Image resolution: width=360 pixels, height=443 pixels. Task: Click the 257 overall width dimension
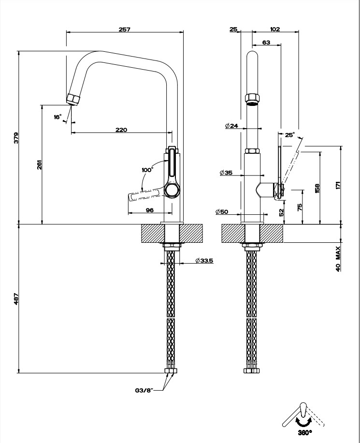pyautogui.click(x=124, y=29)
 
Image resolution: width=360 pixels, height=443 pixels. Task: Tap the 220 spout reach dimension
pyautogui.click(x=121, y=130)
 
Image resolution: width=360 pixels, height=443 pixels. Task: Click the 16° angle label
pyautogui.click(x=58, y=117)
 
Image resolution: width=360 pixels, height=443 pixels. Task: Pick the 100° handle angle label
pyautogui.click(x=147, y=170)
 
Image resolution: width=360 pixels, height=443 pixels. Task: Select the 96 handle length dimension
pyautogui.click(x=149, y=210)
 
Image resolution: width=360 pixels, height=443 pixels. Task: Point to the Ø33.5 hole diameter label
pyautogui.click(x=204, y=261)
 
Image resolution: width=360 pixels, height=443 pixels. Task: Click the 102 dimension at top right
pyautogui.click(x=274, y=29)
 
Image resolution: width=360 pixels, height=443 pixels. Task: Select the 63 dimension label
pyautogui.click(x=266, y=42)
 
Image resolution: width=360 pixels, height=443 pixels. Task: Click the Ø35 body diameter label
pyautogui.click(x=226, y=173)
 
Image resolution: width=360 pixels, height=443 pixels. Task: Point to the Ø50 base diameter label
pyautogui.click(x=223, y=211)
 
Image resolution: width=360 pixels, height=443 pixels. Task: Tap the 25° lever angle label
pyautogui.click(x=289, y=135)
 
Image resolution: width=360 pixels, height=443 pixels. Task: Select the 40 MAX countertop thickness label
pyautogui.click(x=338, y=258)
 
